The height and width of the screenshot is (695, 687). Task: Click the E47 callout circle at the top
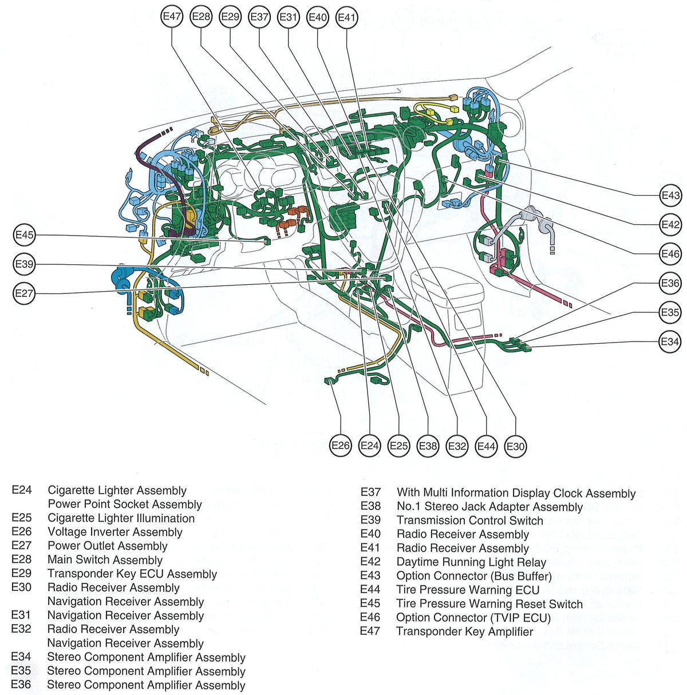tap(172, 17)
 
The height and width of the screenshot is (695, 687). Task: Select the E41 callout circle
tap(347, 17)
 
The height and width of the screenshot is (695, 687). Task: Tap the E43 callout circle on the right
tap(670, 196)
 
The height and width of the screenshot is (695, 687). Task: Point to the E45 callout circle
tap(25, 235)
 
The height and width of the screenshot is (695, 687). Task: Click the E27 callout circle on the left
tap(25, 293)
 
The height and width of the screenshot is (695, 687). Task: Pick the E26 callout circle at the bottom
tap(341, 446)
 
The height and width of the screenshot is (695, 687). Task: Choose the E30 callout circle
tap(516, 446)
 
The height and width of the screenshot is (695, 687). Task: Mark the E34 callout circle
tap(670, 342)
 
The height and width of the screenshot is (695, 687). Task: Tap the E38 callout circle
tap(428, 446)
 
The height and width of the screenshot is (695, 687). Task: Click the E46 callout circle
tap(670, 254)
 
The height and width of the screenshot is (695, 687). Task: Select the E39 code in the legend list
tap(370, 520)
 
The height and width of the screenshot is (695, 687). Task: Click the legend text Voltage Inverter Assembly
tap(115, 532)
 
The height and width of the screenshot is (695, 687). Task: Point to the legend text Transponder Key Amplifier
tap(464, 632)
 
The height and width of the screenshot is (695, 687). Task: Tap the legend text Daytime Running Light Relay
tap(471, 562)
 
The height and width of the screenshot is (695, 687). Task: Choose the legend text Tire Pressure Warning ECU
tap(468, 590)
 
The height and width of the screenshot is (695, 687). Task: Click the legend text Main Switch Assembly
tap(105, 560)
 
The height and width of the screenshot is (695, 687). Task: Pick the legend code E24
tap(21, 490)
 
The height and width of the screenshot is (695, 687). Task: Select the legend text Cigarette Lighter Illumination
tap(121, 518)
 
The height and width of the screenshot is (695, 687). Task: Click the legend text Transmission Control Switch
tap(469, 521)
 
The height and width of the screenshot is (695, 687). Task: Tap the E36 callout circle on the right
tap(670, 283)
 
